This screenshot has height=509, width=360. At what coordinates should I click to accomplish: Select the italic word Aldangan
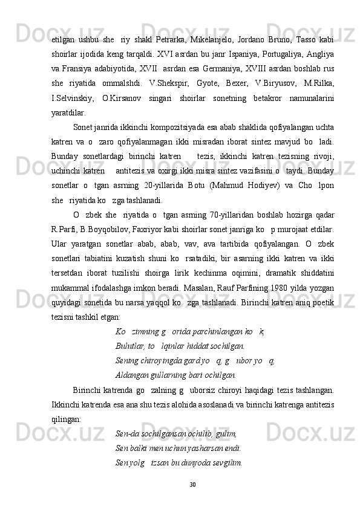click(x=131, y=375)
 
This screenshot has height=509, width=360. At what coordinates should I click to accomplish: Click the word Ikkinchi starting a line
click(x=67, y=404)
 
